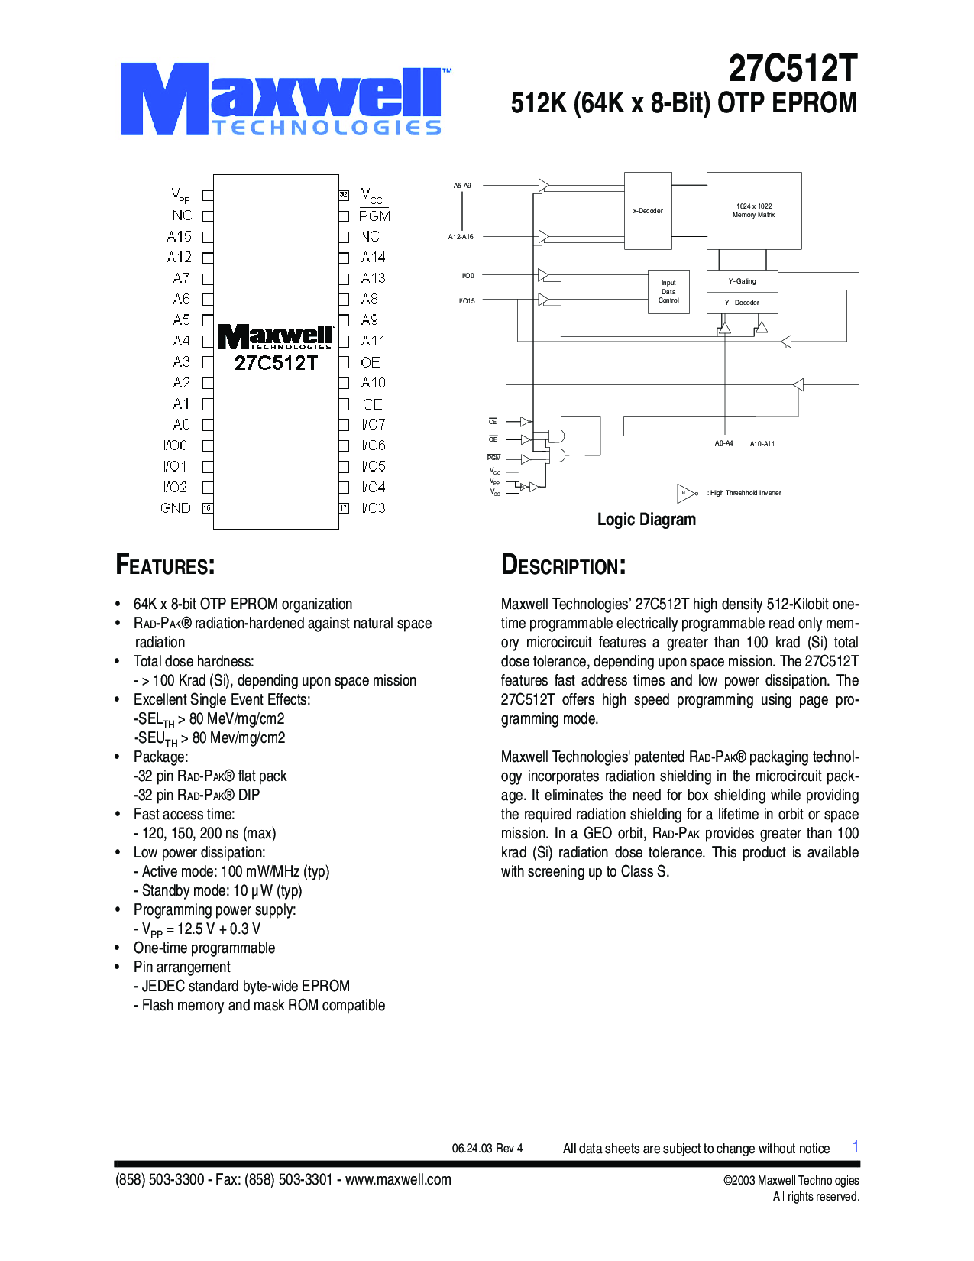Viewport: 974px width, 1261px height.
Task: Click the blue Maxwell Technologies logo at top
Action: click(x=283, y=100)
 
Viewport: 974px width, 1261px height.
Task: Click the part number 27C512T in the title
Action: click(x=792, y=69)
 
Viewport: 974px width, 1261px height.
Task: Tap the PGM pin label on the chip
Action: click(x=374, y=216)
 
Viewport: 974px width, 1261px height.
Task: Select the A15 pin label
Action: click(x=180, y=237)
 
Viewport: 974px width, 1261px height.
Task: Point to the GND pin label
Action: click(x=176, y=508)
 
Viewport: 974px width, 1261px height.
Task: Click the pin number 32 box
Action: click(x=344, y=195)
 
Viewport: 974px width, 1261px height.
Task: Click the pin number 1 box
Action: click(x=208, y=196)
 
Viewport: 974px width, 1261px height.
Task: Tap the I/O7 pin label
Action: click(x=374, y=424)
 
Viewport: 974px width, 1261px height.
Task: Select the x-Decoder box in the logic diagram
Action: click(x=648, y=210)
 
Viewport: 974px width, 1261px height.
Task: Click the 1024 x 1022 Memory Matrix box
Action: click(x=754, y=210)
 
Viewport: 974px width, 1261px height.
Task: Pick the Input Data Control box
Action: click(x=668, y=291)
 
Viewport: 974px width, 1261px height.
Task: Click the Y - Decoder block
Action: click(x=742, y=303)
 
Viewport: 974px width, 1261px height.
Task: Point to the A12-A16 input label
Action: click(x=461, y=237)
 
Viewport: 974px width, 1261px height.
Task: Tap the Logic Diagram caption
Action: click(x=646, y=520)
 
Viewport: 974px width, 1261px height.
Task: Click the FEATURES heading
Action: click(x=165, y=566)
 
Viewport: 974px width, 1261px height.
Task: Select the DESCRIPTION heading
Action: click(x=564, y=566)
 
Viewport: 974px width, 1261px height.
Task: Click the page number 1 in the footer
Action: click(x=856, y=1147)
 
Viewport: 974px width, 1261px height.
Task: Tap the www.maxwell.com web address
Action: click(x=398, y=1179)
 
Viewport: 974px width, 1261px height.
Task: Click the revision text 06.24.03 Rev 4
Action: click(x=487, y=1148)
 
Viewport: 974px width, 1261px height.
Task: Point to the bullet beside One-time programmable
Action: click(x=118, y=948)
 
